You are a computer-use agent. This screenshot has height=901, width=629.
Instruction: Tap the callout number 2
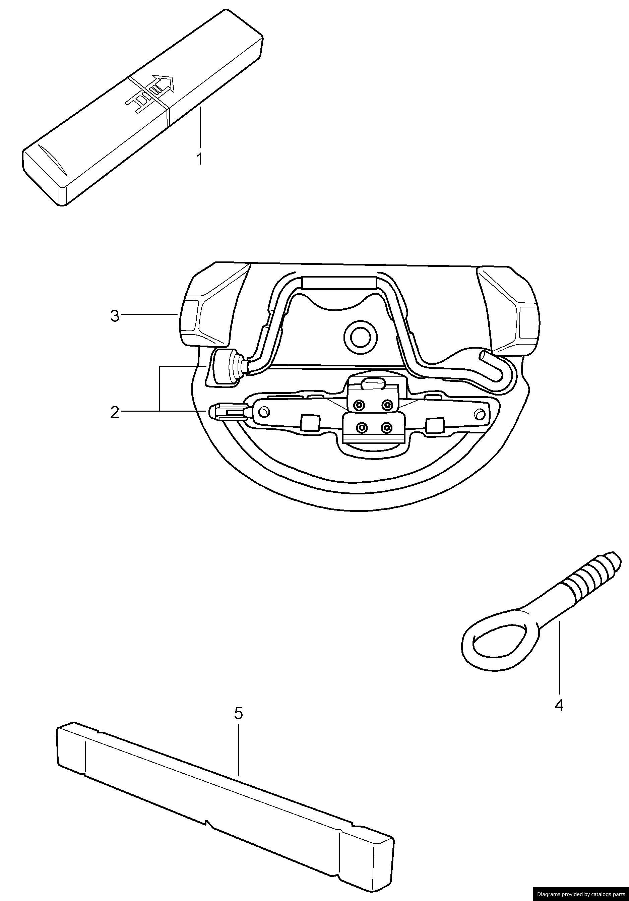[114, 412]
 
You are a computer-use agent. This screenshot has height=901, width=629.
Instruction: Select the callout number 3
[114, 316]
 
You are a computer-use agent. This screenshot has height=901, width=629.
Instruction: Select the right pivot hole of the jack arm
[480, 413]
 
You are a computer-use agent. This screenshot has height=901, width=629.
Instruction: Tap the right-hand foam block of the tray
[510, 310]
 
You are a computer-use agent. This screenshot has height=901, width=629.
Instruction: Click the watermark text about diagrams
[581, 894]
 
